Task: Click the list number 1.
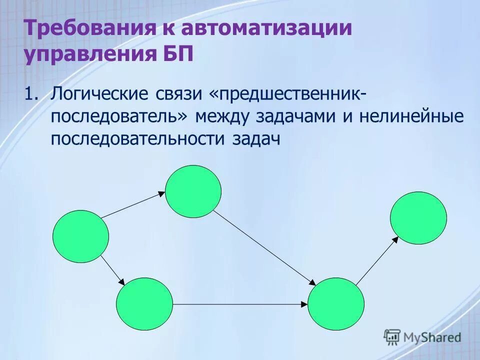click(31, 94)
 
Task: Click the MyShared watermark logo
click(422, 337)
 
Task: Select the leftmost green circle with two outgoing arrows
click(80, 236)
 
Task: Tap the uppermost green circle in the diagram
click(193, 191)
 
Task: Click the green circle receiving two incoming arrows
click(336, 304)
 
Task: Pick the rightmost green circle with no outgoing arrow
click(418, 217)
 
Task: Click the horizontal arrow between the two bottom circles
click(240, 304)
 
